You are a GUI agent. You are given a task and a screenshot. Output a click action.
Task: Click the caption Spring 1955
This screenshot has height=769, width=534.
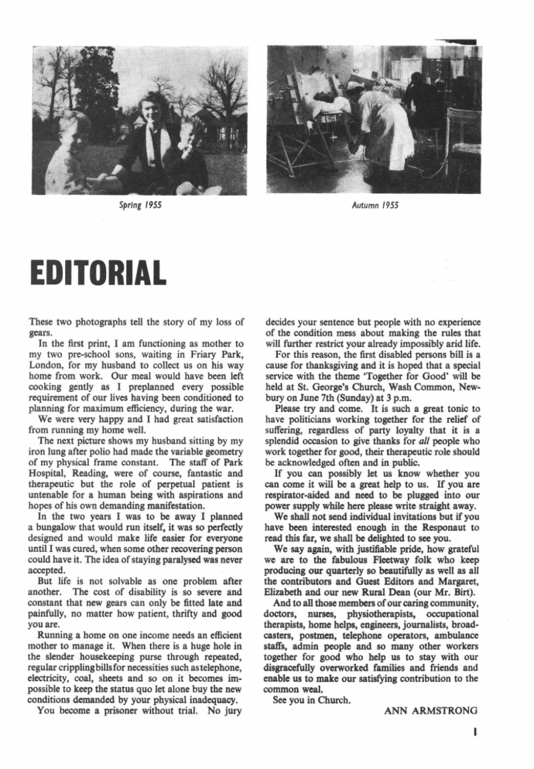(x=140, y=206)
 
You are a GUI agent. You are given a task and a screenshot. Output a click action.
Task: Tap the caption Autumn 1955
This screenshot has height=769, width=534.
(x=375, y=206)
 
